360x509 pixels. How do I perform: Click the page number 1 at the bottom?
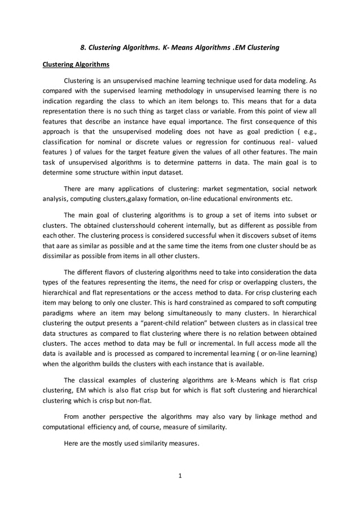click(180, 476)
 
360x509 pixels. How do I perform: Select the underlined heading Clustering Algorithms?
click(76, 64)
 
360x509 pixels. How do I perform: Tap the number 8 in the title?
click(82, 47)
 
